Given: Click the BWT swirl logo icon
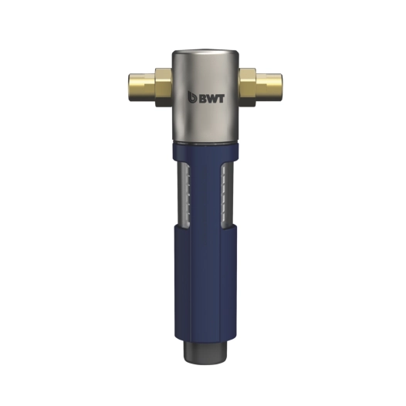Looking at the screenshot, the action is pos(192,97).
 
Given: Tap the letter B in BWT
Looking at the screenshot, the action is pos(203,99).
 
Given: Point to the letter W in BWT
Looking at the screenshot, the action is pos(212,99).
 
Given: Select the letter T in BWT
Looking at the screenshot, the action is pos(221,99).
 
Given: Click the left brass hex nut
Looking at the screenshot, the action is pos(163,87).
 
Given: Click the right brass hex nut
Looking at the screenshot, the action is pos(248,87).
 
